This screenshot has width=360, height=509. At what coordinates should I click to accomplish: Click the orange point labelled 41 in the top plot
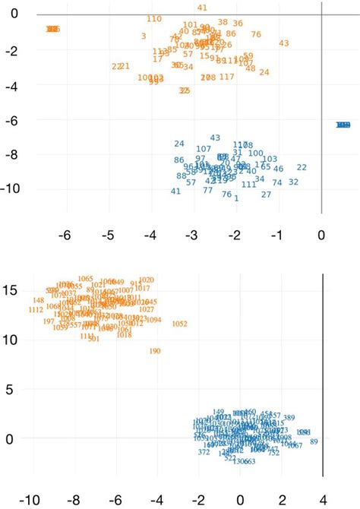point(202,8)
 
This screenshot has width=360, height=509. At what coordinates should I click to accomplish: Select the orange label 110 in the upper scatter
point(154,18)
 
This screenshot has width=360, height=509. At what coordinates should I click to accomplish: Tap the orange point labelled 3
point(144,36)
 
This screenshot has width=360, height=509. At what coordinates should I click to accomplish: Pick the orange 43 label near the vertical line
point(284,43)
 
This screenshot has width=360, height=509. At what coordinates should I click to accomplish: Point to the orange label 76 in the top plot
point(256,34)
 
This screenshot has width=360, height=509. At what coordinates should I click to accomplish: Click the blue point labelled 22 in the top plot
point(302,167)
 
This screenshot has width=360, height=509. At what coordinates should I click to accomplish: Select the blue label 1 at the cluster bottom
point(236,198)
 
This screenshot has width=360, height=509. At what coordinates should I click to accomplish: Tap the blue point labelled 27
point(266,194)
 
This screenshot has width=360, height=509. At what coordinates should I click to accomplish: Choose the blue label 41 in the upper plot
point(176,191)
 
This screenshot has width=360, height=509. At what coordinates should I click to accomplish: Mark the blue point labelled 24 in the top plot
point(179,144)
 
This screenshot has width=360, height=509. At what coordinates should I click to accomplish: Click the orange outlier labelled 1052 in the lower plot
point(180,324)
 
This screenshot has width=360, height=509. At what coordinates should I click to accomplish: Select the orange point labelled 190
point(155,351)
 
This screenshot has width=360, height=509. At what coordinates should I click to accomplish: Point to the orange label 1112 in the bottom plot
point(36,310)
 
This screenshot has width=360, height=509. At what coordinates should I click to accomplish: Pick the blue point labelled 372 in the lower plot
point(204,452)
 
